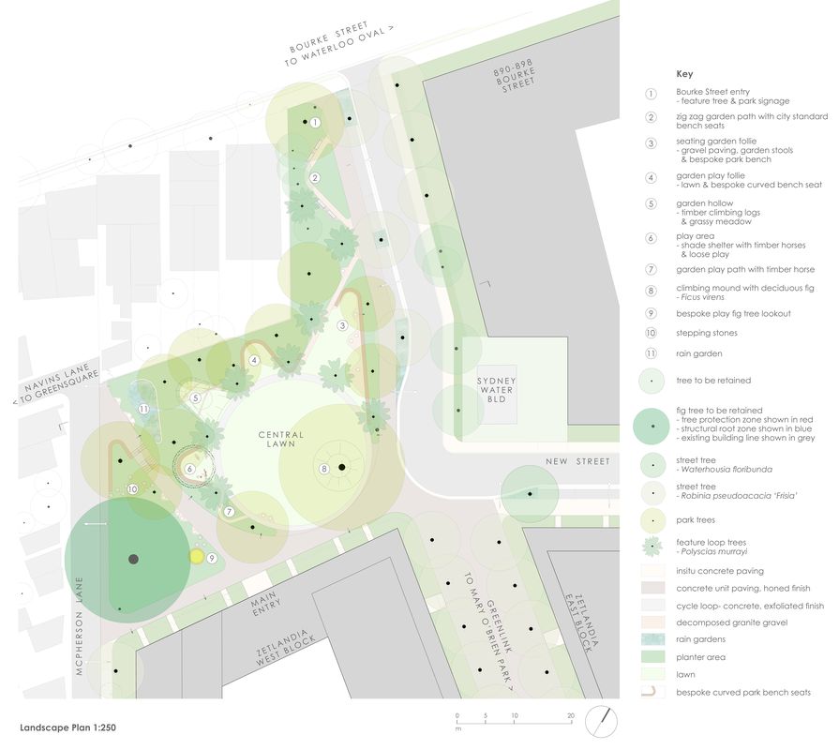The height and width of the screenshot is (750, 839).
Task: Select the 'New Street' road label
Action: pyautogui.click(x=578, y=461)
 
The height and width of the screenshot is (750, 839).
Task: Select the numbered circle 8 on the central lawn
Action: pyautogui.click(x=325, y=469)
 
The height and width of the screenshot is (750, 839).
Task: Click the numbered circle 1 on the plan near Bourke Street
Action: pyautogui.click(x=316, y=122)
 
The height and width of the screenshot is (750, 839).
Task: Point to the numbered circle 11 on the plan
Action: pyautogui.click(x=143, y=410)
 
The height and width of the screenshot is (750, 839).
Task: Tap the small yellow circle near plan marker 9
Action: pyautogui.click(x=197, y=556)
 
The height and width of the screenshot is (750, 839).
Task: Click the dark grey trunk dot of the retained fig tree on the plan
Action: pyautogui.click(x=133, y=559)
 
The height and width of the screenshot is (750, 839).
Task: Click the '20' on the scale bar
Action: pyautogui.click(x=570, y=716)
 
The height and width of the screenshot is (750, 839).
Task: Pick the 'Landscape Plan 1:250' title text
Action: pyautogui.click(x=68, y=727)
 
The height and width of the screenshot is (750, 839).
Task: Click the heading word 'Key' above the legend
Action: pyautogui.click(x=684, y=73)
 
